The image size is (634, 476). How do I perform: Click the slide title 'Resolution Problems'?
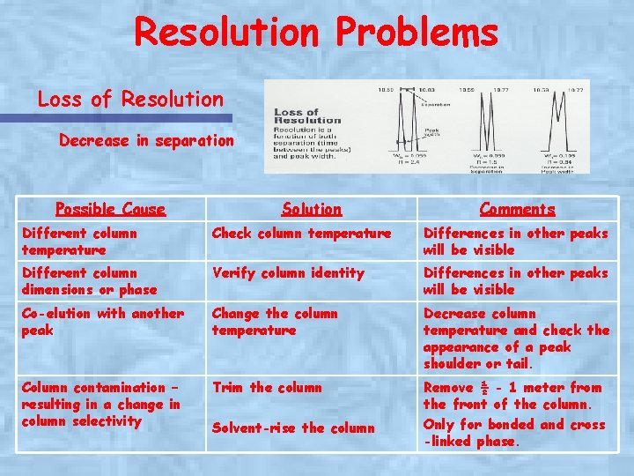[316, 33]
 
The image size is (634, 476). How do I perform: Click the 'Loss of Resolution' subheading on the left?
[130, 99]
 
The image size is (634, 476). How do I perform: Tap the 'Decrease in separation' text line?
[146, 140]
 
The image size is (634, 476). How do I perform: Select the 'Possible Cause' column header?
[110, 209]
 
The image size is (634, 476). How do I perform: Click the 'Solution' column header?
[311, 209]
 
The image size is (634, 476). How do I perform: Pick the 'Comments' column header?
[517, 209]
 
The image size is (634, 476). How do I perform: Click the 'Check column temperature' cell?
[301, 234]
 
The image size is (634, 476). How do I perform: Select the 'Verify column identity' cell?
[288, 273]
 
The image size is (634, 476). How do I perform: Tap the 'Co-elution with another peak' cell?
[102, 322]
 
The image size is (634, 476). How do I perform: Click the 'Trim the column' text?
[268, 388]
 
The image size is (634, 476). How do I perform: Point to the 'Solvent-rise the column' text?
[293, 428]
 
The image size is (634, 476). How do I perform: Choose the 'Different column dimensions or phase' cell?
[89, 281]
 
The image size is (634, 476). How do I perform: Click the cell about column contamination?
[100, 404]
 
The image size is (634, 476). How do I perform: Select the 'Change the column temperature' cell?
[275, 322]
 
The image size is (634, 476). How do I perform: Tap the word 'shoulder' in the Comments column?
[458, 364]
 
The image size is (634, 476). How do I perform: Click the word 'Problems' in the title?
[415, 33]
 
